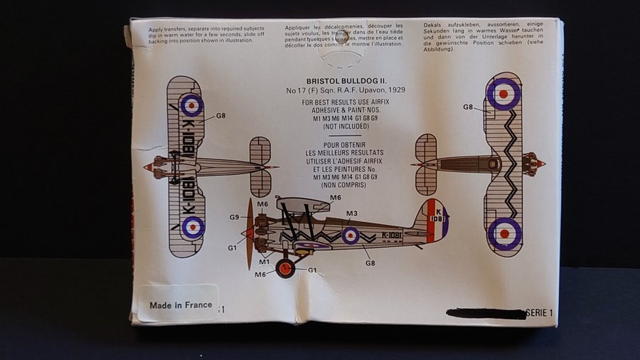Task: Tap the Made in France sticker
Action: (x=181, y=305)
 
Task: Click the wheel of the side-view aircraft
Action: (x=285, y=268)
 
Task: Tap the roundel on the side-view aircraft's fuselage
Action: (x=350, y=235)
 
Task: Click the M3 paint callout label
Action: (x=351, y=213)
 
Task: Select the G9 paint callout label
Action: (x=234, y=216)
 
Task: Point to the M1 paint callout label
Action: (x=264, y=261)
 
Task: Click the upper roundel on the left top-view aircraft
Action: (x=191, y=105)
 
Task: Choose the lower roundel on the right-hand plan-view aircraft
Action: (x=504, y=233)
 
